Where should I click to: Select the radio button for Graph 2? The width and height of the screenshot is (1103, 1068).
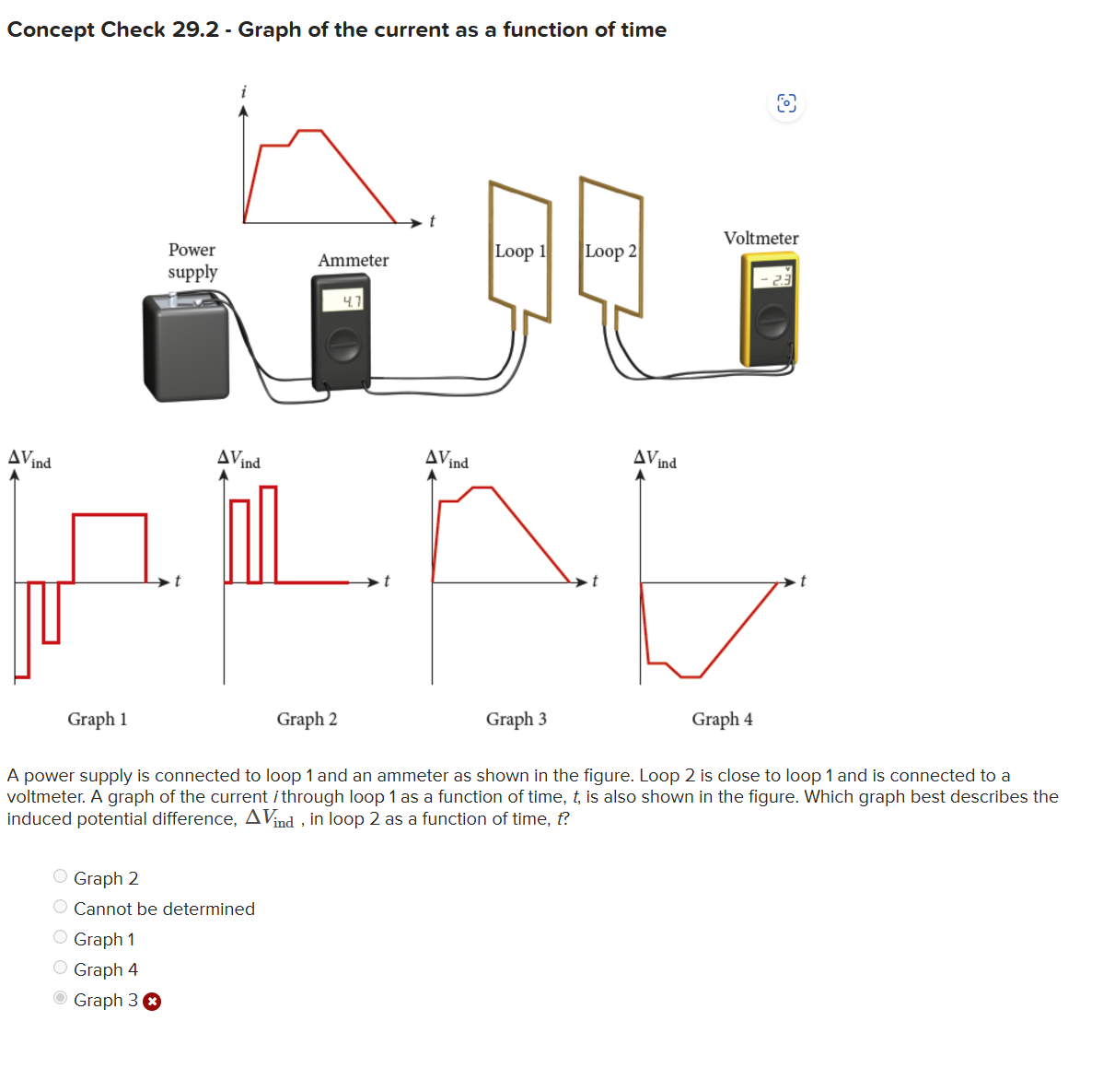tap(61, 876)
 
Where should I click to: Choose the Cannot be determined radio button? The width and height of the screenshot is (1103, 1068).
tap(61, 907)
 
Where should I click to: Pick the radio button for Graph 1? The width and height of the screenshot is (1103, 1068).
tap(61, 937)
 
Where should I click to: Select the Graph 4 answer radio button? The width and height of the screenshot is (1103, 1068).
tap(61, 968)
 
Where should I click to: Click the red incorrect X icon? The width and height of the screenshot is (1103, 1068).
tap(152, 1002)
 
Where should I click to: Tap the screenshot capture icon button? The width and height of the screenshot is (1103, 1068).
tap(786, 103)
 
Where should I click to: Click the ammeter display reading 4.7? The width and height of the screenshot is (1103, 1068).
tap(343, 299)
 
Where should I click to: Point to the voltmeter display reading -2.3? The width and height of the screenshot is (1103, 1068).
tap(773, 277)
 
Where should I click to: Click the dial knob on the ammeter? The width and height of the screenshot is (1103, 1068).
tap(344, 345)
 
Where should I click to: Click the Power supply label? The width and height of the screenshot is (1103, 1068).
tap(192, 261)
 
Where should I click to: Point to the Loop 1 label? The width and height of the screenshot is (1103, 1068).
tap(520, 252)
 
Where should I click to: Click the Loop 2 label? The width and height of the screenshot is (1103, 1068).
tap(610, 252)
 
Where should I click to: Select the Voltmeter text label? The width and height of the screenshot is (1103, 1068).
tap(761, 238)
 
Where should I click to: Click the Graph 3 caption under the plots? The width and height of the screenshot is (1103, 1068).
tap(517, 720)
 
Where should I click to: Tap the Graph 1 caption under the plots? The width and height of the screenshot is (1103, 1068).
tap(97, 720)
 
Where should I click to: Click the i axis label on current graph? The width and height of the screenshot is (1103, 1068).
tap(243, 91)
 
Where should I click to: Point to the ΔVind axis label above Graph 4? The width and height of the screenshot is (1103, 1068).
tap(655, 459)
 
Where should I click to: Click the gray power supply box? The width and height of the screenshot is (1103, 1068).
tap(186, 347)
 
